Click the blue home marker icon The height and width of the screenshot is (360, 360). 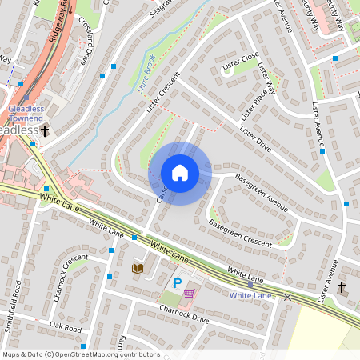click(180, 173)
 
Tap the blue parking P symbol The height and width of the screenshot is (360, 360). click(177, 282)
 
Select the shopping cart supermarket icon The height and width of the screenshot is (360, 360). click(189, 294)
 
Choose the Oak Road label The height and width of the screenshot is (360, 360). click(66, 326)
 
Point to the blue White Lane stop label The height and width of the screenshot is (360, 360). click(251, 295)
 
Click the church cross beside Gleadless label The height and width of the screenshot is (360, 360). click(45, 130)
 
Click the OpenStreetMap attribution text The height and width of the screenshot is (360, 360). click(82, 354)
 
